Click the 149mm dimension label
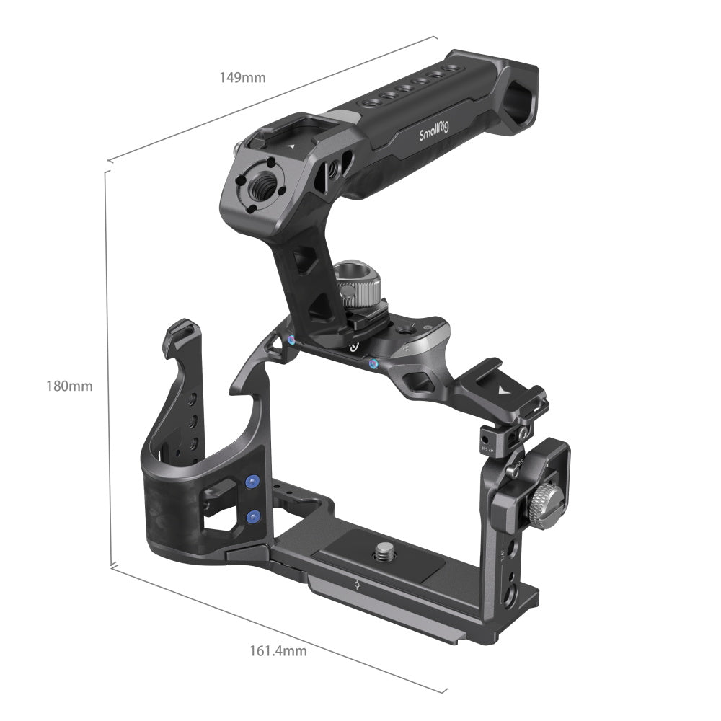point(242,77)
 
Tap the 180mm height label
point(71,386)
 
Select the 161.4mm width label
point(278,651)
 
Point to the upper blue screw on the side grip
point(252,482)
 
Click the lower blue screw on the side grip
point(252,516)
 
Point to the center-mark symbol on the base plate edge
point(358,585)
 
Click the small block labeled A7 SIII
point(492,439)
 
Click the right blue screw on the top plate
point(373,364)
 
